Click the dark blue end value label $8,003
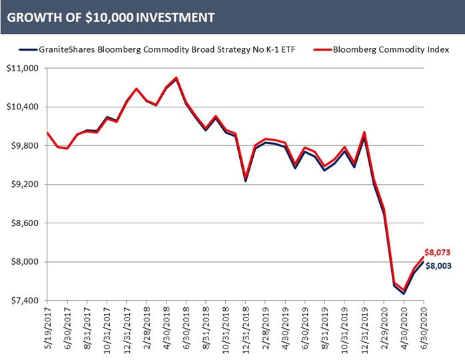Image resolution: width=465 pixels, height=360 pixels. (x=438, y=266)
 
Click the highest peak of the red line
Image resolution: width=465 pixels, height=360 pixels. (x=176, y=77)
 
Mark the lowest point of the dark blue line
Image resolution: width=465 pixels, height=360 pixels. (x=404, y=293)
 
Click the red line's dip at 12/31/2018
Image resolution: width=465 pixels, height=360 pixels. (x=246, y=177)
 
